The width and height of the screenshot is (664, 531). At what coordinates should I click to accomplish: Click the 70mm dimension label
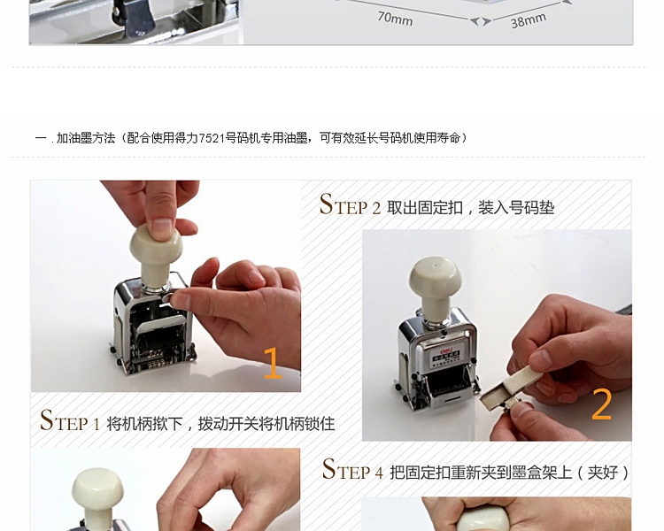pos(395,19)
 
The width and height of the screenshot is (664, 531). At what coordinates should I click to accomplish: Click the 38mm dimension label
pos(528,20)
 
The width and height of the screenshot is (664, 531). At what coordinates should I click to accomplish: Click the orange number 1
pos(273,363)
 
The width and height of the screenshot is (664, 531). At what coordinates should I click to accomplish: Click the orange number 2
pos(601,404)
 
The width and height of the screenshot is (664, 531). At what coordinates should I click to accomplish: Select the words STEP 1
pos(70,420)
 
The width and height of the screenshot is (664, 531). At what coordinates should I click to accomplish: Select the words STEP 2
pos(350,204)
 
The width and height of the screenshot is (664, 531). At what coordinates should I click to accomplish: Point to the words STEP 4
pos(352,469)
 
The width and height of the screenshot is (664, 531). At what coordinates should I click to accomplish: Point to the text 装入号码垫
pos(516,207)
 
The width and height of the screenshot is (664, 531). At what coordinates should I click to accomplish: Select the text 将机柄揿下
pos(144,423)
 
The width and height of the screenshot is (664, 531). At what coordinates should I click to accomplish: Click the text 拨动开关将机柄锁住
pos(266,423)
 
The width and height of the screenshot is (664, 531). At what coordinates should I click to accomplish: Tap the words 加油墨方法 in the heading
pos(86,138)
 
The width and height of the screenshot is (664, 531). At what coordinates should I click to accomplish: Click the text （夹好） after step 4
pos(603,472)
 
